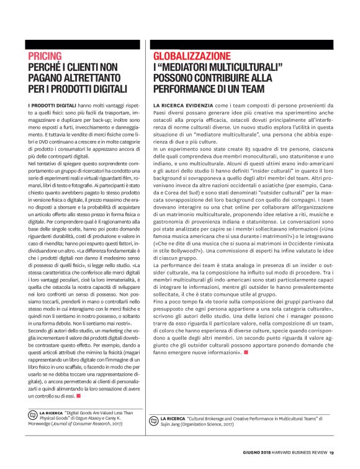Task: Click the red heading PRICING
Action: click(x=45, y=56)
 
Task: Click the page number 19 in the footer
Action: click(x=332, y=452)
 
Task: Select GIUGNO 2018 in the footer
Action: click(x=256, y=452)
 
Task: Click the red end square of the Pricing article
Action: click(x=79, y=395)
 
